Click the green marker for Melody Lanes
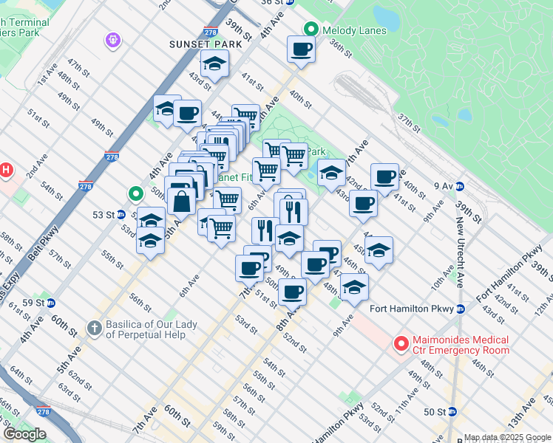click(x=311, y=30)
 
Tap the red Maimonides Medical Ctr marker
click(x=401, y=343)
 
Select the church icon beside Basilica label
click(x=94, y=327)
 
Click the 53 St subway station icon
click(x=121, y=215)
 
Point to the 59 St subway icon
click(x=50, y=303)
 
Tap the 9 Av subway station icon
click(x=460, y=186)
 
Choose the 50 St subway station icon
click(x=452, y=411)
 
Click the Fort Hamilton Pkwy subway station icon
click(x=460, y=309)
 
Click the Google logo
click(x=24, y=434)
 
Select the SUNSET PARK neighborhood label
click(x=183, y=45)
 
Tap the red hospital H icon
click(x=6, y=171)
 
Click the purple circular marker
click(x=113, y=38)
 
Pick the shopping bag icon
click(x=181, y=200)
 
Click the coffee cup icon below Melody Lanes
click(x=301, y=50)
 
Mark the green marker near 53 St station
click(x=135, y=194)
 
